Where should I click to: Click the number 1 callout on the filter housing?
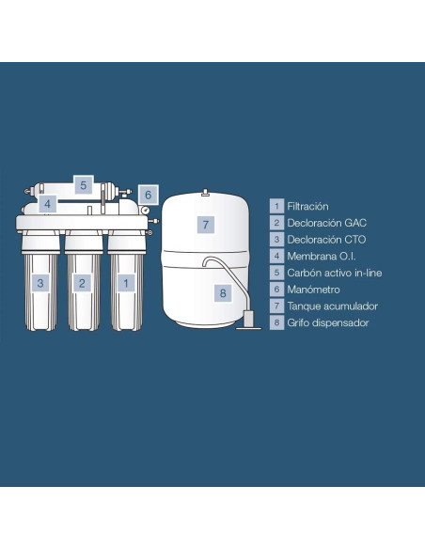tap(126, 283)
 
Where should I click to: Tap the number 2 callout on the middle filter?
tap(82, 283)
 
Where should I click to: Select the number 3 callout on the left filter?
tap(40, 283)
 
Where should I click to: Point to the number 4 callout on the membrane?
tap(48, 203)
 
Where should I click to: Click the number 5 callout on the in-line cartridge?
tap(84, 184)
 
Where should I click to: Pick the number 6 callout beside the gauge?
tap(148, 195)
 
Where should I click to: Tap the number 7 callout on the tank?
tap(206, 225)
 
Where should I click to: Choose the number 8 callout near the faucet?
tap(223, 292)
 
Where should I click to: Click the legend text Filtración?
tap(307, 206)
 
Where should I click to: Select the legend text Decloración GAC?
tap(326, 223)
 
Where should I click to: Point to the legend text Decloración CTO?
tap(326, 240)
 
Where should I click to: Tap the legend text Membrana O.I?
tap(322, 256)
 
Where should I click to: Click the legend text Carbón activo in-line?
tap(335, 273)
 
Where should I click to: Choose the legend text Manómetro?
tap(313, 290)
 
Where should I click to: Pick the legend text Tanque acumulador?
tap(333, 306)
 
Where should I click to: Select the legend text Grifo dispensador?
tap(327, 322)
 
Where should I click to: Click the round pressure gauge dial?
tap(144, 210)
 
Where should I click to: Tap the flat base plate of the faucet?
tap(248, 328)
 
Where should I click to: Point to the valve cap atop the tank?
tap(205, 193)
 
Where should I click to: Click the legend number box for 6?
tap(276, 290)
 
